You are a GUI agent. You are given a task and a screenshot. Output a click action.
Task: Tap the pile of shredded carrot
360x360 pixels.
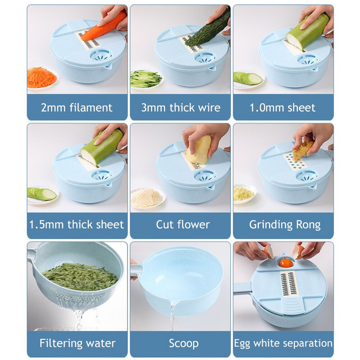[41, 77]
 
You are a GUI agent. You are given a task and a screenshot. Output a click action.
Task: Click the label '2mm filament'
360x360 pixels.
[76, 108]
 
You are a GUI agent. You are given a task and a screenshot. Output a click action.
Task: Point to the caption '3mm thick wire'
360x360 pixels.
[181, 108]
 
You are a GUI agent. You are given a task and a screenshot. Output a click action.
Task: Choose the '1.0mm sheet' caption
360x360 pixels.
[283, 108]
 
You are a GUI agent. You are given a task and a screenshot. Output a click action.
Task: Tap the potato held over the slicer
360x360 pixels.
[199, 150]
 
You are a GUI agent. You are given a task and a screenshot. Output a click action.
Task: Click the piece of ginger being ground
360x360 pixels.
[302, 150]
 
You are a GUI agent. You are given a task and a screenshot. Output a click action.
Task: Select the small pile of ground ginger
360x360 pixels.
[243, 194]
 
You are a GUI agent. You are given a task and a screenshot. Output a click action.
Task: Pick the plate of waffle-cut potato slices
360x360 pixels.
[148, 198]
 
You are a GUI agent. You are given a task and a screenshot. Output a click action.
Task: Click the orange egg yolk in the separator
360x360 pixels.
[286, 263]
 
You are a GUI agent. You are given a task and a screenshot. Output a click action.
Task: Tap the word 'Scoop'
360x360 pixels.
[184, 343]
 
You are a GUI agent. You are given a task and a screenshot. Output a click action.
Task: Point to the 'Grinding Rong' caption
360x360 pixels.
[285, 225]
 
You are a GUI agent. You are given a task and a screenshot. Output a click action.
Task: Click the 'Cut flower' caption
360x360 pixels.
[183, 224]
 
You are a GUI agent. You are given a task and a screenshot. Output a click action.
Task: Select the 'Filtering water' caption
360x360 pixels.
[77, 343]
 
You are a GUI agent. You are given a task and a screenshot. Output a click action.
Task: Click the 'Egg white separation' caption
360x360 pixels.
[283, 343]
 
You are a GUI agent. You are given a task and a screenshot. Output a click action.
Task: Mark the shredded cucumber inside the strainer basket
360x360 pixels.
[81, 277]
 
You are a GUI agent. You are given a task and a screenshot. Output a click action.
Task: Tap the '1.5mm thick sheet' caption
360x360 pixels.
[76, 224]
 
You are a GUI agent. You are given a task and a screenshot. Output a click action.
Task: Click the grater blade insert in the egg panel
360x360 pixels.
[288, 283]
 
